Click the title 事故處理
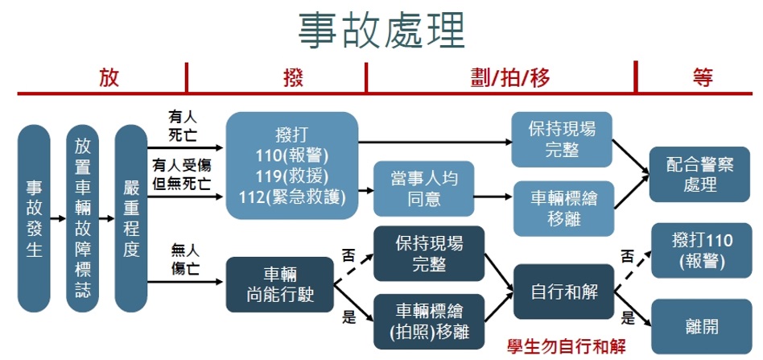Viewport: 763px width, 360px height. point(381,31)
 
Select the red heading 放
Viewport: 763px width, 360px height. point(109,77)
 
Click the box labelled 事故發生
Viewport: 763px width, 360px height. point(34,218)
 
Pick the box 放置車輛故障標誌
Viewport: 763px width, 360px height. point(82,218)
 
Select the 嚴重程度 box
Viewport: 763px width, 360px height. point(131,218)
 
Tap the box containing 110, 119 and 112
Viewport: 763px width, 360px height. point(291,165)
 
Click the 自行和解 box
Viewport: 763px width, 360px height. point(563,292)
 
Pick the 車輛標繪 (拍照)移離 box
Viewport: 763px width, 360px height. point(429,319)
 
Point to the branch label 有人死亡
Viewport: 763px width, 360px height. point(183,122)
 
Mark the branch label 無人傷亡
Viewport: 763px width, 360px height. point(184,261)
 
